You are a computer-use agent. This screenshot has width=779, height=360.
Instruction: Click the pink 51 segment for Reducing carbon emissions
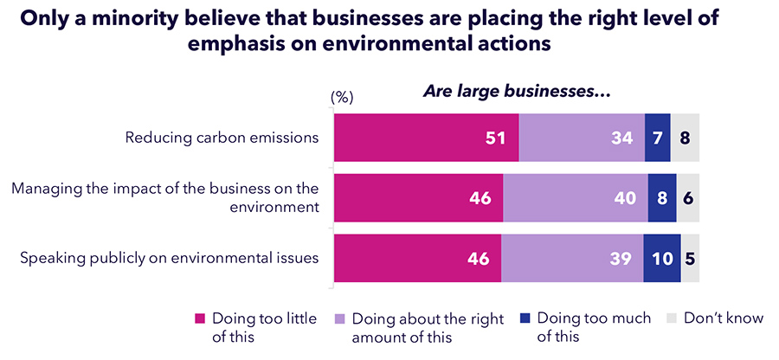426,138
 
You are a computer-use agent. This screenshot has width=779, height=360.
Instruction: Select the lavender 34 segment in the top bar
582,138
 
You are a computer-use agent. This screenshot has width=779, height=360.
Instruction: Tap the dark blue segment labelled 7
658,138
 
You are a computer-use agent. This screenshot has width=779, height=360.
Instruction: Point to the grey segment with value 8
685,138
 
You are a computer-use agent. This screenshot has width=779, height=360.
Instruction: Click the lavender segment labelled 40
576,198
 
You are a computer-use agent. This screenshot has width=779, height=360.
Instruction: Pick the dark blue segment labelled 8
662,198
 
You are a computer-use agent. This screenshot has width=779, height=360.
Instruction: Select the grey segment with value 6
688,198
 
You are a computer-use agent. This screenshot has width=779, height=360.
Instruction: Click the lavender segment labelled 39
572,258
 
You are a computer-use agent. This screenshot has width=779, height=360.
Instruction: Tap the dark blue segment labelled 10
662,258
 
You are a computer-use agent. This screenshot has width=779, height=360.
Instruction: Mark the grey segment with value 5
690,258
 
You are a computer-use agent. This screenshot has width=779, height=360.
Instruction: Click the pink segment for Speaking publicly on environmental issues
417,258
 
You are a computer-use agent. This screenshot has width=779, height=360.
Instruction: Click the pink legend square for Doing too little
199,318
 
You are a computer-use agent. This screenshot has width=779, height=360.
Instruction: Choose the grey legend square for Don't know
672,318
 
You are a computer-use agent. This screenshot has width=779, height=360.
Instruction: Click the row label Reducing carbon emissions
222,138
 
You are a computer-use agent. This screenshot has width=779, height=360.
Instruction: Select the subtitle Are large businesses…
517,91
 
